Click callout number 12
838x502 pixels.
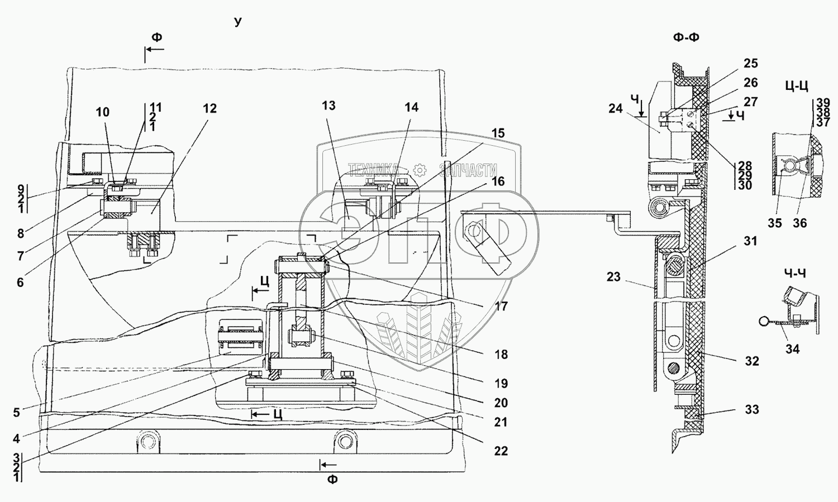click(210, 108)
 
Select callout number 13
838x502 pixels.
click(329, 106)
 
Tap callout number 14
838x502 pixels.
click(411, 107)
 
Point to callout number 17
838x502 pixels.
click(501, 307)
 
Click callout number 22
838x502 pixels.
click(501, 451)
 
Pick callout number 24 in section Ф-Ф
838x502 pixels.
click(616, 109)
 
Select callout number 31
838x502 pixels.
click(750, 241)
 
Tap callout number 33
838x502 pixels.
click(751, 410)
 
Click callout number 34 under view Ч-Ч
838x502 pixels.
click(792, 349)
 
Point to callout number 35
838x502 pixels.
click(775, 223)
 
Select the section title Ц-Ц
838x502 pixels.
click(797, 86)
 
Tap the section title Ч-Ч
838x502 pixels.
click(794, 274)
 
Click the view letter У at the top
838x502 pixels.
click(238, 22)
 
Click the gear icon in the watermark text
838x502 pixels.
click(420, 170)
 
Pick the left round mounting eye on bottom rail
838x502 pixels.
click(149, 442)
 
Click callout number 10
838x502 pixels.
click(102, 112)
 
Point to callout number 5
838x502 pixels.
click(16, 413)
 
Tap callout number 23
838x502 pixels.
click(614, 277)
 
